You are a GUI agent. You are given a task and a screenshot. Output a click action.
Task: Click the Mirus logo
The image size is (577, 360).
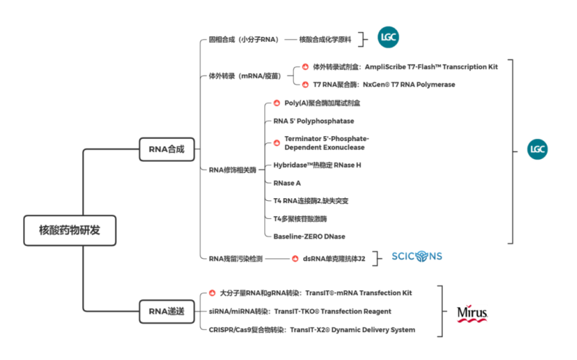pos(472,313)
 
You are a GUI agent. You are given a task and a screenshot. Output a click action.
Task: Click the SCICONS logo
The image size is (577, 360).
pos(417,256)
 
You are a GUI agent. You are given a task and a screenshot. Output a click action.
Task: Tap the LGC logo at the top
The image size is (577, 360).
pos(388,38)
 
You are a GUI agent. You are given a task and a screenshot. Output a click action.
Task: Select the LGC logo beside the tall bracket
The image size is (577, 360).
pos(537,149)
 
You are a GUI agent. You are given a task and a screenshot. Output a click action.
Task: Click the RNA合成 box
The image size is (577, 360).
pos(167,149)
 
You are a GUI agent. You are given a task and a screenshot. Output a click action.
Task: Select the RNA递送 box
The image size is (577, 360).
pos(167,312)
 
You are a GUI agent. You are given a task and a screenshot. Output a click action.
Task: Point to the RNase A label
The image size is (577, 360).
pos(287,183)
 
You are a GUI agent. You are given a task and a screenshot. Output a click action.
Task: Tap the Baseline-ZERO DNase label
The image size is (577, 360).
pos(309,236)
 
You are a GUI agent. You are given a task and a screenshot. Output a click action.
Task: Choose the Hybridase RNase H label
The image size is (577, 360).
pos(317,165)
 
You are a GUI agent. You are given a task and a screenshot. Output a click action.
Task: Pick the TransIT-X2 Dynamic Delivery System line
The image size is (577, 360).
pos(312,329)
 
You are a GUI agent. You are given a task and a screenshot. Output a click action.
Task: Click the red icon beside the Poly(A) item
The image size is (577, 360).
pos(276,103)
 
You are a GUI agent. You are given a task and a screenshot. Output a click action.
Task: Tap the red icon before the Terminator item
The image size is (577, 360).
pos(276,142)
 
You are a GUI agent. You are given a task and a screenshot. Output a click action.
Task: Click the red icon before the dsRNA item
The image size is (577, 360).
pos(295,258)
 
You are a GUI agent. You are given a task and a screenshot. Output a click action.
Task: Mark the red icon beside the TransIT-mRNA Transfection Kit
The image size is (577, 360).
pos(213,293)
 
